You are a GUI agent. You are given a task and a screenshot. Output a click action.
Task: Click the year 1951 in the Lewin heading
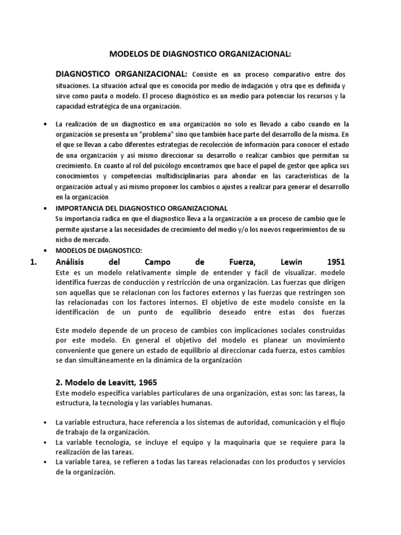[335, 262]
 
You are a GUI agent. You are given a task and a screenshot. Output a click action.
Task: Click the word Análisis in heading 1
[72, 262]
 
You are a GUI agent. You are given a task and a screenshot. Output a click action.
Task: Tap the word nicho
[63, 239]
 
